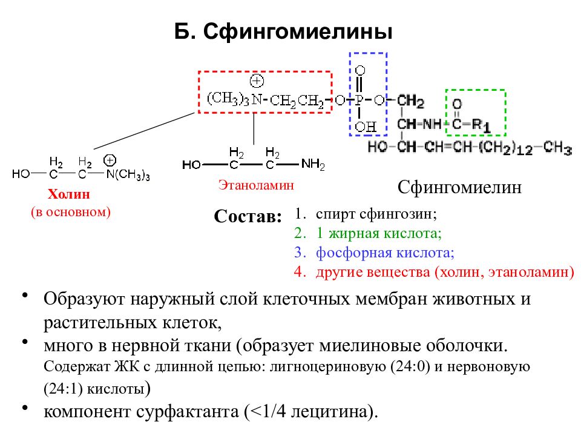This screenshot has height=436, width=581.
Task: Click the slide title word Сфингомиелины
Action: click(298, 32)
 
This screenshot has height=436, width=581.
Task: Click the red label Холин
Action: click(69, 194)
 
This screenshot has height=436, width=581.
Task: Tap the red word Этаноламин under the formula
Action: click(256, 185)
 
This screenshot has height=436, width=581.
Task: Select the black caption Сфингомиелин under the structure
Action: click(459, 188)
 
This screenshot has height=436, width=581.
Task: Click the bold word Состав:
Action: click(248, 216)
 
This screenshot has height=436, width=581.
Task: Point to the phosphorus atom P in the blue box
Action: click(359, 100)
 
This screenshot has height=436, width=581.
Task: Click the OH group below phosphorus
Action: click(366, 127)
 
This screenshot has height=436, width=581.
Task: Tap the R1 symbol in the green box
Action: click(482, 126)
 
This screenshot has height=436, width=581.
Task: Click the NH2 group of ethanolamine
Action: click(313, 164)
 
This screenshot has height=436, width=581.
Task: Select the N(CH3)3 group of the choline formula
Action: click(128, 174)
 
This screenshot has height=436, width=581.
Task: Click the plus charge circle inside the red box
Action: click(257, 81)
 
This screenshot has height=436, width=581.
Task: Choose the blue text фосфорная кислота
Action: click(385, 253)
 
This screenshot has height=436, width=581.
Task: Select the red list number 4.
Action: click(300, 272)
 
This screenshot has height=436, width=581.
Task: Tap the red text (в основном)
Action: click(71, 212)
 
